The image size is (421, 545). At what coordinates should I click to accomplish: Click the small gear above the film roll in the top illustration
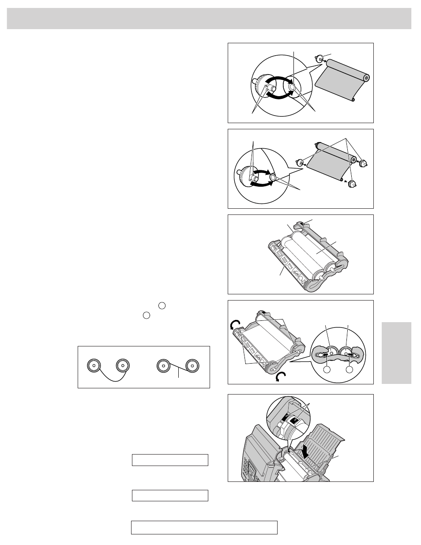(322, 57)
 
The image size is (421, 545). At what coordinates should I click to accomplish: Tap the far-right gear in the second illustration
(364, 164)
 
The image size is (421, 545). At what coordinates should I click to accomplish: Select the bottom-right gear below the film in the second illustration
(352, 184)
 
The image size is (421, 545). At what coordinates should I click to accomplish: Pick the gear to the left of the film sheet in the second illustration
(300, 162)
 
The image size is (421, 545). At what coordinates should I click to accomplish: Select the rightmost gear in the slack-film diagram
(193, 366)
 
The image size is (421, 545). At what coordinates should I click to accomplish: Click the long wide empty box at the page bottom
(204, 527)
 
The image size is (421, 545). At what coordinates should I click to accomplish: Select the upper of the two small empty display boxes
(170, 460)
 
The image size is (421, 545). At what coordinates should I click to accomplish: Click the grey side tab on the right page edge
(396, 353)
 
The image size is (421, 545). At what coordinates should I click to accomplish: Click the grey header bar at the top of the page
(209, 18)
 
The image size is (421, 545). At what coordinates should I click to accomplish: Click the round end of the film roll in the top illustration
(365, 78)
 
